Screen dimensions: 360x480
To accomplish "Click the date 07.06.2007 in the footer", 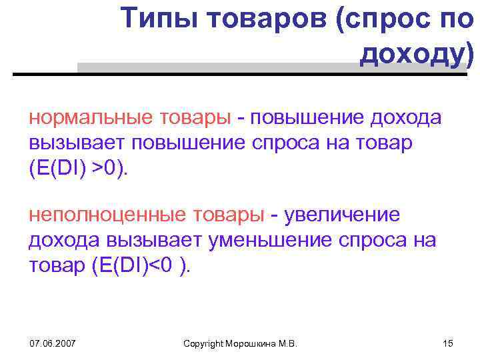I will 53,343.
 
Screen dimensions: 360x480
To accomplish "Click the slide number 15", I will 447,343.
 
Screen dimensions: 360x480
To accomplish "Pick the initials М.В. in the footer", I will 289,343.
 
